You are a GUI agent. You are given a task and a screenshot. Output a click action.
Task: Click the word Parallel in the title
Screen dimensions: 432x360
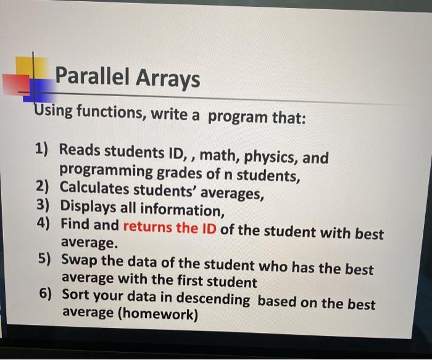coord(93,76)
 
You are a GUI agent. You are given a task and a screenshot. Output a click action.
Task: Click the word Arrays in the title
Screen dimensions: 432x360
coord(167,80)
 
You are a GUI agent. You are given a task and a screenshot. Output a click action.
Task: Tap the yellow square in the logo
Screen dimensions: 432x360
coord(32,67)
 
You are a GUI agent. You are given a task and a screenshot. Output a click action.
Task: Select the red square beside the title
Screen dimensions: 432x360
coord(16,84)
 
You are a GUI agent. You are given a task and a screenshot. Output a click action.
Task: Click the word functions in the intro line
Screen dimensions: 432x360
coord(111,112)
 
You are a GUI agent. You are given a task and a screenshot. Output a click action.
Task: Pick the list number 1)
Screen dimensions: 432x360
coord(41,149)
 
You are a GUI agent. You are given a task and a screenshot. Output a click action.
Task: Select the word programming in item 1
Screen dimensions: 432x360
coord(106,171)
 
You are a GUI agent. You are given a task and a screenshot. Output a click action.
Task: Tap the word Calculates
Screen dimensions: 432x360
coord(94,187)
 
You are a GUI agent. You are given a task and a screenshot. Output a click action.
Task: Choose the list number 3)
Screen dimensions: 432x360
coord(43,205)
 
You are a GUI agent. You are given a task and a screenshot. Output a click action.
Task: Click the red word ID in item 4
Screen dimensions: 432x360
coord(209,229)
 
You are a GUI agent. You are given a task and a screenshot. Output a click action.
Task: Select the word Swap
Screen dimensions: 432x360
coord(79,260)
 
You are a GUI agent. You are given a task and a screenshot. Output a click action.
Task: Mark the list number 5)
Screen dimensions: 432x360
coord(44,260)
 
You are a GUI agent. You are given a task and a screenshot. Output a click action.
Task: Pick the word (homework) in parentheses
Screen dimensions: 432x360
coord(158,314)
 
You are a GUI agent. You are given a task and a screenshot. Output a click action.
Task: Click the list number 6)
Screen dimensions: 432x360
coord(46,293)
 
